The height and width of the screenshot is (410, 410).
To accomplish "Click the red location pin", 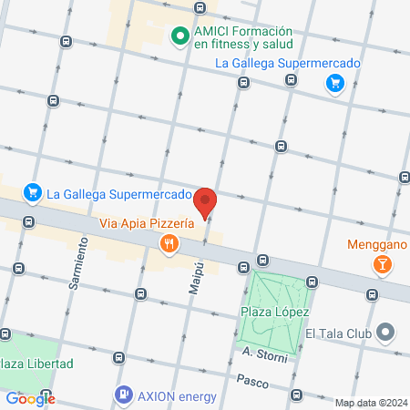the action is (206, 202).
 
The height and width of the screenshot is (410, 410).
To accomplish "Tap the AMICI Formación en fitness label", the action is (241, 36).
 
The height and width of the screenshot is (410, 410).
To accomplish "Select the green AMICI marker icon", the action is (180, 36).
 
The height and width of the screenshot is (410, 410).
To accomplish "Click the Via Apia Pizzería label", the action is (147, 222).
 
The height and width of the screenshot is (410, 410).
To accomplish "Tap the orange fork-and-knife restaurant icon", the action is (169, 243).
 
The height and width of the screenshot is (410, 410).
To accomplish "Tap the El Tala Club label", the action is (339, 333).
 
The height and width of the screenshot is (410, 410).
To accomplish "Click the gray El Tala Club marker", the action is (386, 333).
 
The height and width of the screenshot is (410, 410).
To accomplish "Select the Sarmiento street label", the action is (78, 264).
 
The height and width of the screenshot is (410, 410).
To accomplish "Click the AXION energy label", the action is (178, 395).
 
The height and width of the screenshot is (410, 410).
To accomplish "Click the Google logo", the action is (30, 398).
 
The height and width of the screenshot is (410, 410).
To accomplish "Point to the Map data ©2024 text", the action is (370, 403).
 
